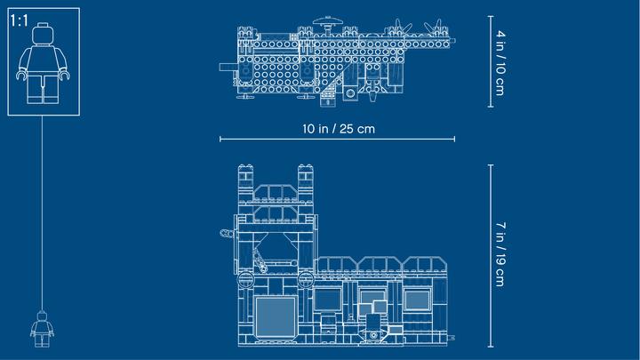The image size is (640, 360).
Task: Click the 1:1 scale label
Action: pos(20,20)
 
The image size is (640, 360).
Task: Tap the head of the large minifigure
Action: pos(43,34)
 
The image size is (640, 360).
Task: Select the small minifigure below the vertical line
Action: pos(42,329)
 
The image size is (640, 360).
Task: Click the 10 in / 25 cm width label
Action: pos(339,129)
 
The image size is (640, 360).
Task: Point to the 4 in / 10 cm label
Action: pos(500,63)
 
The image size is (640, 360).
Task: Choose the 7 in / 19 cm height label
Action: pos(500,254)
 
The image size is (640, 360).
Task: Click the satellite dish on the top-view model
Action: pos(328,21)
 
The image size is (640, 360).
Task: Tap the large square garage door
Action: pos(276,316)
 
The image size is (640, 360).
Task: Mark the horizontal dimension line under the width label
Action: pos(337,140)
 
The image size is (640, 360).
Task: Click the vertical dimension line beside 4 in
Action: pos(491,61)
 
